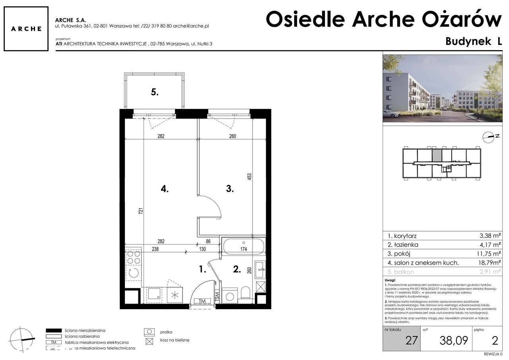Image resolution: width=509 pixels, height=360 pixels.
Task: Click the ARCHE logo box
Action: point(26,29)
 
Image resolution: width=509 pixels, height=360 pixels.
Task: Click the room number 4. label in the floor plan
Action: point(165,190)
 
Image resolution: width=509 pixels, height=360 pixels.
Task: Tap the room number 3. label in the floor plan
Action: point(229,189)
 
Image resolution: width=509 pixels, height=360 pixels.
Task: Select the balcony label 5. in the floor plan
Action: point(155,92)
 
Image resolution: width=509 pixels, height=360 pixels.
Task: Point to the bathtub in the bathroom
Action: point(243,246)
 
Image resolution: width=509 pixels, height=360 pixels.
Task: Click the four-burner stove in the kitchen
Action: point(134,257)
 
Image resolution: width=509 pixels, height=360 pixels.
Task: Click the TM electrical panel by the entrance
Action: point(202,301)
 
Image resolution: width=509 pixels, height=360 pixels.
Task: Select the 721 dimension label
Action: point(140,211)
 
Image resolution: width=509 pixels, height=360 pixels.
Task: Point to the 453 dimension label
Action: point(250,177)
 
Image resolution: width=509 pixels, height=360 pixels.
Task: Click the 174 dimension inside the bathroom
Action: point(243,249)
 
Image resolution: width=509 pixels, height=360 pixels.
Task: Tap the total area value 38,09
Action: point(453,340)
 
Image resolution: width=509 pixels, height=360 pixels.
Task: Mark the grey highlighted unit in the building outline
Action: point(437,156)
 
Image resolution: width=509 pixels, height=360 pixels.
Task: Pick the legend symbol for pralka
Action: point(149,331)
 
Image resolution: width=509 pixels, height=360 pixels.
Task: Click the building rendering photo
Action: point(442,88)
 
